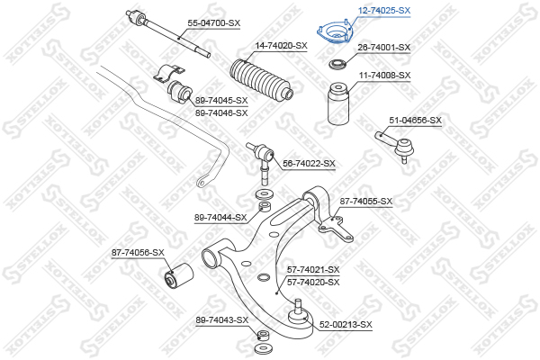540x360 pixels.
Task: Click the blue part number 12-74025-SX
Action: [x=384, y=11]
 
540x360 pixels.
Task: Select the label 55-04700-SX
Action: [x=214, y=23]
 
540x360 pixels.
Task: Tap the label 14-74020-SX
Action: [x=281, y=46]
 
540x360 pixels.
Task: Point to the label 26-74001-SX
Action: [x=384, y=48]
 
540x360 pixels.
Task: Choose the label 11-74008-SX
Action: [x=385, y=75]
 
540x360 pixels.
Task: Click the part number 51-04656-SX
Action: [x=415, y=121]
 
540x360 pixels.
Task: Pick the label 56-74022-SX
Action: [x=309, y=164]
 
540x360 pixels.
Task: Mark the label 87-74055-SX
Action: [x=366, y=202]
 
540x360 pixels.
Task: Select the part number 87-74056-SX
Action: [x=138, y=253]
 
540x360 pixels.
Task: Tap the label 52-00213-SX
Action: [x=346, y=325]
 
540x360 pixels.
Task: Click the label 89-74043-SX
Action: [x=222, y=320]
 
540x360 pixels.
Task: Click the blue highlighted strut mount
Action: [x=335, y=32]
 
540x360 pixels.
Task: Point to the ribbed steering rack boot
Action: [x=261, y=80]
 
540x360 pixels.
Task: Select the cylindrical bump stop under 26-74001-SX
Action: [x=338, y=103]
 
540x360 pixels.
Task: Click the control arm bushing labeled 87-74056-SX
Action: [x=177, y=275]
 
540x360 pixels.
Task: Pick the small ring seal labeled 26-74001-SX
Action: [x=337, y=65]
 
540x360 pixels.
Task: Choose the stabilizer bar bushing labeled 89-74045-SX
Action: [x=179, y=92]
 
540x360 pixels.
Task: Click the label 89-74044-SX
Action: [x=220, y=218]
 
